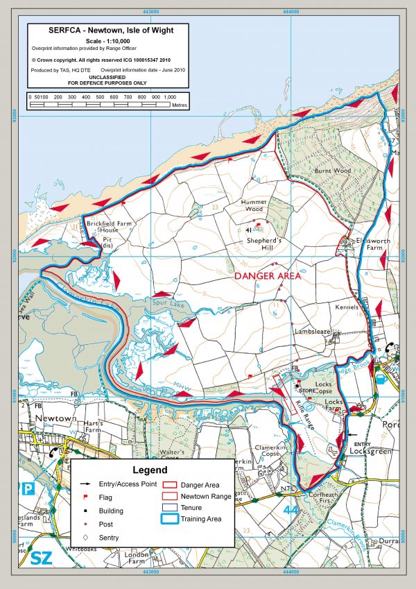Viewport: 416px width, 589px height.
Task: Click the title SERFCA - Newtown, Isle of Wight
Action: (x=101, y=31)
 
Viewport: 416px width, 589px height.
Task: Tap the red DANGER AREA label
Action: (x=267, y=275)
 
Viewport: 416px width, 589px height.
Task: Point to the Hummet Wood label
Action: (x=253, y=205)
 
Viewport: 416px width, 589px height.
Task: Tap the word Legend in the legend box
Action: (x=146, y=470)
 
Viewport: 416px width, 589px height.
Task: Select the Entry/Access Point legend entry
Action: (x=128, y=484)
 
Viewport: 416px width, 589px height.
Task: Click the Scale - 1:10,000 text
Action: (x=101, y=42)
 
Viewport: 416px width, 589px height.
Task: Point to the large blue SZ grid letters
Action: (x=26, y=558)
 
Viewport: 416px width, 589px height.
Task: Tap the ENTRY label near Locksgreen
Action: (x=363, y=443)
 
